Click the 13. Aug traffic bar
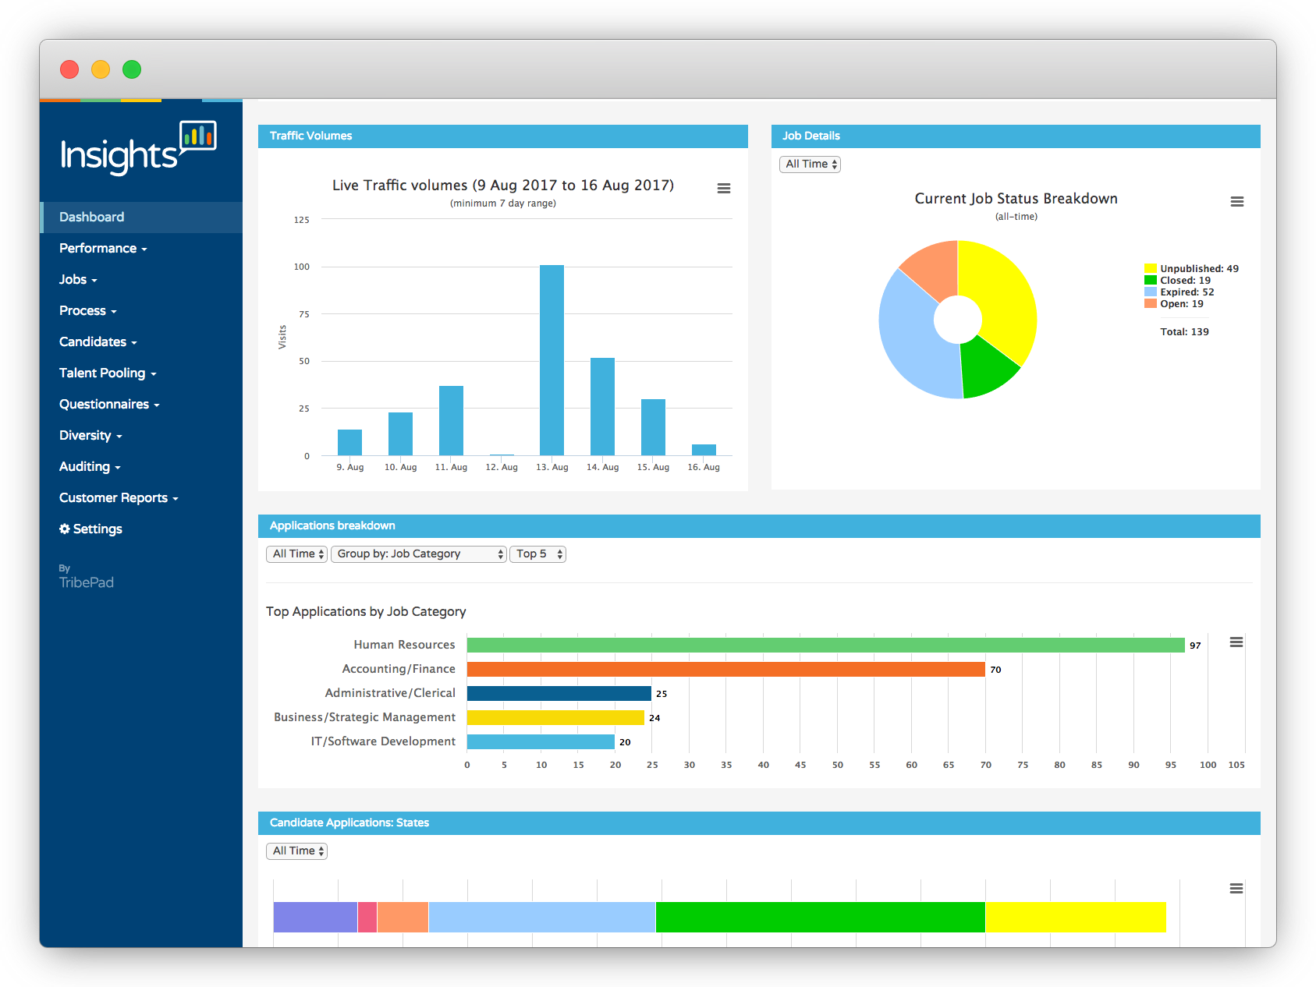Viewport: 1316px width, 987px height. pos(552,360)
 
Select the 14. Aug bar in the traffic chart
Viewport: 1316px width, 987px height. pos(602,406)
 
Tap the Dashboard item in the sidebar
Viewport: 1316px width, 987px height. pos(92,217)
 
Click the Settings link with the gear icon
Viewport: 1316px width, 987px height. pos(91,529)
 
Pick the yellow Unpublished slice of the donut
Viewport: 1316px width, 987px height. pos(1002,296)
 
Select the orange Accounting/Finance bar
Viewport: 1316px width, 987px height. pos(725,669)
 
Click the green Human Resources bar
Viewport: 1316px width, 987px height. pos(825,645)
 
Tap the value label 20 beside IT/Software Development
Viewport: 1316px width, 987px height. pos(625,742)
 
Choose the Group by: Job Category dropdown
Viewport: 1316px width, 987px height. pos(419,554)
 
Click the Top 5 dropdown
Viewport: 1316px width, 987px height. pos(537,554)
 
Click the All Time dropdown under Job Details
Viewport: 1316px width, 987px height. pos(810,164)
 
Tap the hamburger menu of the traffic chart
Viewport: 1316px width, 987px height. pos(724,188)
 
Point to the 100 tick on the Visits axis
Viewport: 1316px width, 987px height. pos(302,267)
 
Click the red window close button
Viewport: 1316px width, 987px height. pos(69,69)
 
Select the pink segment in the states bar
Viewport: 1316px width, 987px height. pos(367,917)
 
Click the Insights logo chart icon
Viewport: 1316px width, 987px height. pos(198,136)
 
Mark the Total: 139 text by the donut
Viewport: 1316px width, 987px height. pos(1184,332)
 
